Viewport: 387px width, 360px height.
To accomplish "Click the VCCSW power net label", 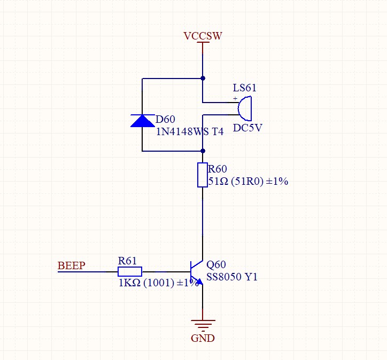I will click(203, 36).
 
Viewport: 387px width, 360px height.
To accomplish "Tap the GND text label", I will click(203, 338).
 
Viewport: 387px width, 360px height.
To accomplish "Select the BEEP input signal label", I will click(71, 265).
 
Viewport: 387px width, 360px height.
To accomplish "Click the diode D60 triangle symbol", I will click(142, 121).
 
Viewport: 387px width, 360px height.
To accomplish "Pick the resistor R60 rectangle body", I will click(202, 175).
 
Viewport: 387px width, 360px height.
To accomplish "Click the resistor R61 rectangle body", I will click(130, 271).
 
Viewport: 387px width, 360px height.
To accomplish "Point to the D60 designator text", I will click(165, 119).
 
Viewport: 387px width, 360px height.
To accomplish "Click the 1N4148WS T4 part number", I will click(189, 131).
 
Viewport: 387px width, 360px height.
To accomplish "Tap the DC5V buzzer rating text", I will click(247, 128).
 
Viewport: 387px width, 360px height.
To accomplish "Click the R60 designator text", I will click(218, 169).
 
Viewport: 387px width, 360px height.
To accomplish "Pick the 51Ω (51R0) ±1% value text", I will click(248, 182).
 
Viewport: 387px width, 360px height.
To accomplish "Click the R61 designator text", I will click(128, 261).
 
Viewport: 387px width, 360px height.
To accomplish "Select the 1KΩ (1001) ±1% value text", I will click(159, 283).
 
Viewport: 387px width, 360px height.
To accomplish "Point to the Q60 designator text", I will click(216, 265).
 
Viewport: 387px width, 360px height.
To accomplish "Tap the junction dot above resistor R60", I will click(203, 151).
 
